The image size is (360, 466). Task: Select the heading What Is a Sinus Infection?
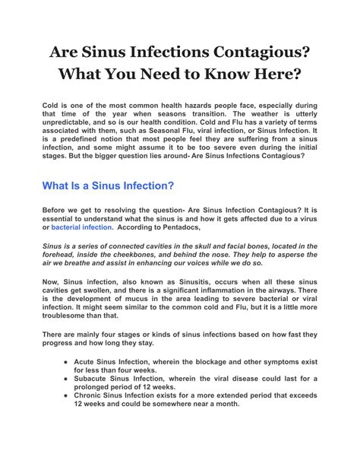point(108,185)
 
